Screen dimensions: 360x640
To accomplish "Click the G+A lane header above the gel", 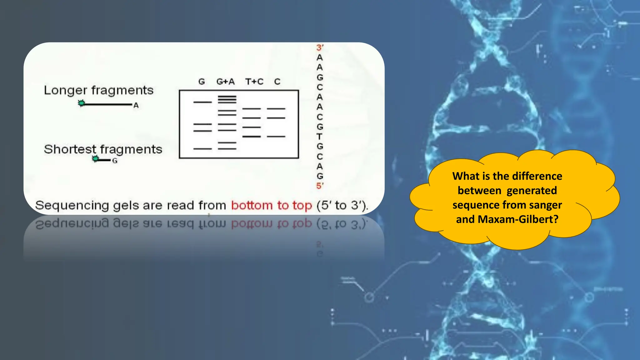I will tap(225, 82).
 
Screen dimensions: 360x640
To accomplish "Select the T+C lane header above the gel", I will tap(254, 82).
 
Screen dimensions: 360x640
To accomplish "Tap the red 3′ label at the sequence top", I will tap(320, 47).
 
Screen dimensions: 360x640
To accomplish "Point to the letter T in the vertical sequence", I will tap(319, 137).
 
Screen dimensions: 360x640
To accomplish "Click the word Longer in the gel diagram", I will tap(65, 90).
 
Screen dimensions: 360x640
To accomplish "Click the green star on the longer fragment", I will tap(81, 103).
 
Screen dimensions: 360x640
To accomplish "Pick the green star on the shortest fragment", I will tap(95, 159).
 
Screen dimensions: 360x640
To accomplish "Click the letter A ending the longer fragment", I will tap(136, 105).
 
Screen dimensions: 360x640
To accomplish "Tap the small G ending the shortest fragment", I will tap(115, 161).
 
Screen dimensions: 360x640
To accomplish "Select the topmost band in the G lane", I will tap(202, 102).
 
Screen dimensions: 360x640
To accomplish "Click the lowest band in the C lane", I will tap(276, 137).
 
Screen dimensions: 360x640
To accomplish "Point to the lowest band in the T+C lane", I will tap(252, 137).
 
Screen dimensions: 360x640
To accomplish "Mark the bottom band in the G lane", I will tap(202, 149).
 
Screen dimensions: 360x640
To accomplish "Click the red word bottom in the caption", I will tap(252, 205).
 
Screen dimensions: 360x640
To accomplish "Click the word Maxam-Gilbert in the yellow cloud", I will tap(518, 219).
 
